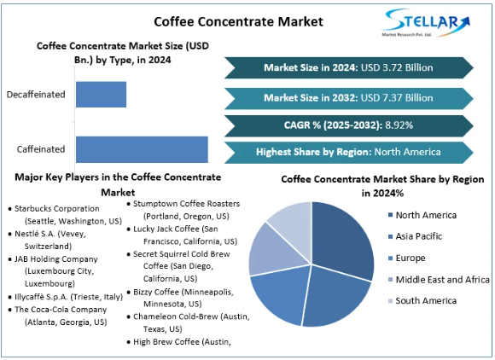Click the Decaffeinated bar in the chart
101,95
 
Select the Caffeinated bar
142,149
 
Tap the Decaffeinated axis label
36,95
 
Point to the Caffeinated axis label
41,149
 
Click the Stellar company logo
426,23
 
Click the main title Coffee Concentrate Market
239,21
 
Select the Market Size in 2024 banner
349,67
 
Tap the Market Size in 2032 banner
349,98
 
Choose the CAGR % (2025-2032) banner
349,125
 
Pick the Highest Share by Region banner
349,152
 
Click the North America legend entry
422,215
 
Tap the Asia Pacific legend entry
415,236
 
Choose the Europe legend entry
406,258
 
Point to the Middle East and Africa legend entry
439,280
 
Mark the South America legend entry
422,300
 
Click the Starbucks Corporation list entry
65,214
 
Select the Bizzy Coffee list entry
180,298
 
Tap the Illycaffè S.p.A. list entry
66,297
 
